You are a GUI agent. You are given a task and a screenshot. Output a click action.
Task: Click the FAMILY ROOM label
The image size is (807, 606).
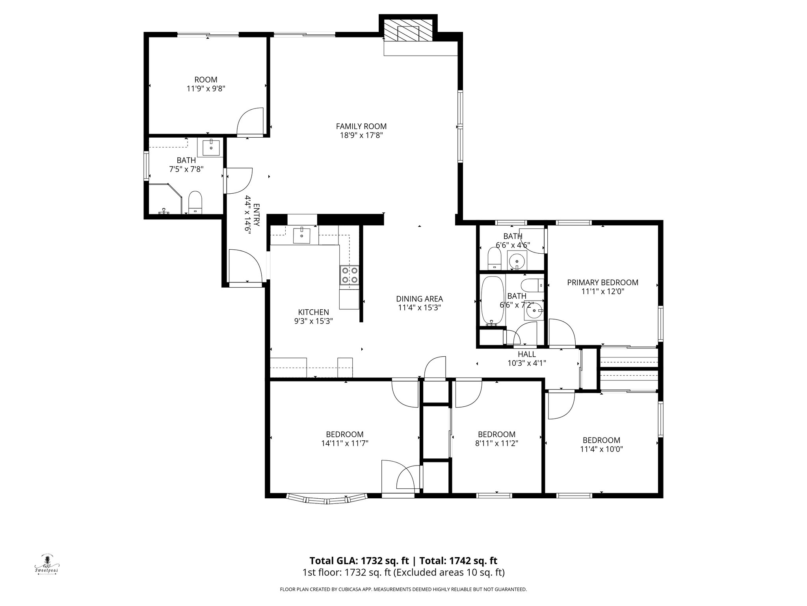pos(361,126)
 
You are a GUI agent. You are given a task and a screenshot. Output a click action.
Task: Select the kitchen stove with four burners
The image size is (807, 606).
pos(350,275)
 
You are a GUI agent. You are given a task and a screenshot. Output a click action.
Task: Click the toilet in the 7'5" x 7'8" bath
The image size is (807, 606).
pos(195,202)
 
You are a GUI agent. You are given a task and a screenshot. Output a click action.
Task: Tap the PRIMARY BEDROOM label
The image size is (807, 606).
pos(602,282)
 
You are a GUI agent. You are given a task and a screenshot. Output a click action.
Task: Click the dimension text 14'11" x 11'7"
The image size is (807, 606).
pos(344,443)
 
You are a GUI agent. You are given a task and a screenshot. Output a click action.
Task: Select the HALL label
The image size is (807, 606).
pos(526,354)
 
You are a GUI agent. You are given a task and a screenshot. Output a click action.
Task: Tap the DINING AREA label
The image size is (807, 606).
pos(419,299)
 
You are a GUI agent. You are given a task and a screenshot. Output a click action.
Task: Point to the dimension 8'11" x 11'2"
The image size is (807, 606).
pos(496,443)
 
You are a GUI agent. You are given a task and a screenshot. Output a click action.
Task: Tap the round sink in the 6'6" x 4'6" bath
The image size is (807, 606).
pos(516,260)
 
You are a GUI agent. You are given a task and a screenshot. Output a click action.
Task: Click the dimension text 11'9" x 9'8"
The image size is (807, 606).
pos(206,89)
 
